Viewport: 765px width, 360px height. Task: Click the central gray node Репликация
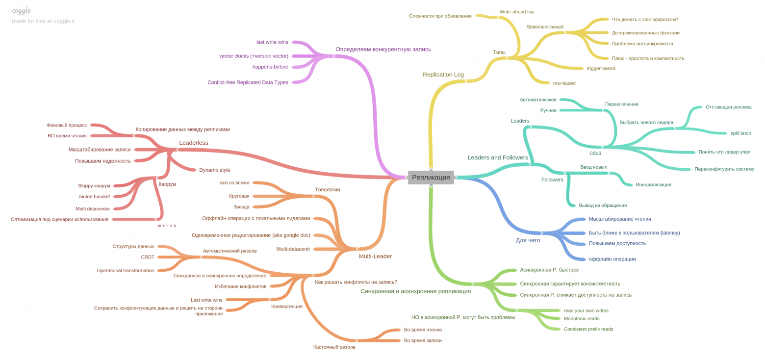point(431,177)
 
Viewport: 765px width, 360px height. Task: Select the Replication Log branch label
point(443,75)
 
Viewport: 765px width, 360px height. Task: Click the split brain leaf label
point(740,133)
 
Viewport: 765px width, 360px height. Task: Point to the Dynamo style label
point(214,170)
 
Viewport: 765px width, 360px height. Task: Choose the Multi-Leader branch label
point(375,256)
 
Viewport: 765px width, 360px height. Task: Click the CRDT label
point(148,257)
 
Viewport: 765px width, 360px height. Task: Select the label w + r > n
point(167,226)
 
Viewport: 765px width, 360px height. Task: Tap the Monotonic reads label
point(582,318)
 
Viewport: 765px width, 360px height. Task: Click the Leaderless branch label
point(193,143)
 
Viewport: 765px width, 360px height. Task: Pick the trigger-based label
point(601,68)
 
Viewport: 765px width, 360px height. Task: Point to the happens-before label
point(270,67)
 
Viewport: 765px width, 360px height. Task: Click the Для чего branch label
point(528,240)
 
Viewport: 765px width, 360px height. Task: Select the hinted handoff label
point(95,197)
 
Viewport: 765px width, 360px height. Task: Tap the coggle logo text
point(22,10)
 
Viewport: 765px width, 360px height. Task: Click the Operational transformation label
point(126,270)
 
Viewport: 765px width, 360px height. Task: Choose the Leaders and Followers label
point(498,157)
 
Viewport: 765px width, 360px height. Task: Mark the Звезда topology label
point(241,207)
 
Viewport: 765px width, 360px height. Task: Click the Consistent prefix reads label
point(588,329)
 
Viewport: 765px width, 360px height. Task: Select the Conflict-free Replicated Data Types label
point(248,82)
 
